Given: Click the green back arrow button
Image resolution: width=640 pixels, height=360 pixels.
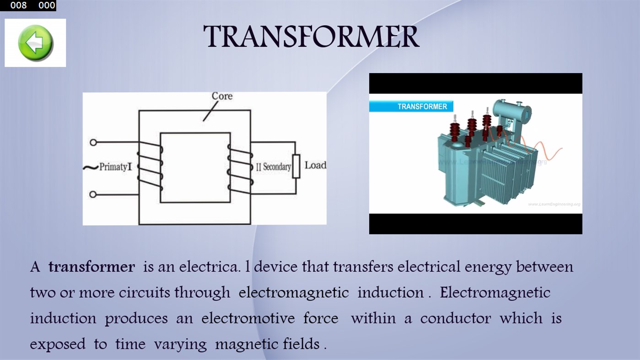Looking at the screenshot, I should click(35, 43).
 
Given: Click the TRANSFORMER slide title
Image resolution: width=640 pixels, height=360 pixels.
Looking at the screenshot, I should click(311, 37).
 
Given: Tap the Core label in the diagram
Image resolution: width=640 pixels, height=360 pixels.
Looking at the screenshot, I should click(222, 96).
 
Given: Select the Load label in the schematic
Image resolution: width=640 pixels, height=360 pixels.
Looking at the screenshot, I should click(315, 165).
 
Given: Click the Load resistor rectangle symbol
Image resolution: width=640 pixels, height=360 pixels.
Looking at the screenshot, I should click(296, 166).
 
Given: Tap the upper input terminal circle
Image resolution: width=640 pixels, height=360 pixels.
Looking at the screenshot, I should click(93, 142).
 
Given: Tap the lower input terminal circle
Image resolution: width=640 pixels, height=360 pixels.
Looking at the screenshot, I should click(93, 194).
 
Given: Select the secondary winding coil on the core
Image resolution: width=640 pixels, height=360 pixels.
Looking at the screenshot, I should click(240, 166).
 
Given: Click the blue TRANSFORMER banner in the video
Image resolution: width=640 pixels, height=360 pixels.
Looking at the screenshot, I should click(411, 107).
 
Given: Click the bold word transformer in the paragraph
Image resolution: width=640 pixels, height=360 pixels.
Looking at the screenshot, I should click(91, 267).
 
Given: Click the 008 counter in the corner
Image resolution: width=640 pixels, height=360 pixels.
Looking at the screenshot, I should click(18, 5).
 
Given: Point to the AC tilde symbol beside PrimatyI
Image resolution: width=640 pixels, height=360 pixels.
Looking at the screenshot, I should click(91, 167).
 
